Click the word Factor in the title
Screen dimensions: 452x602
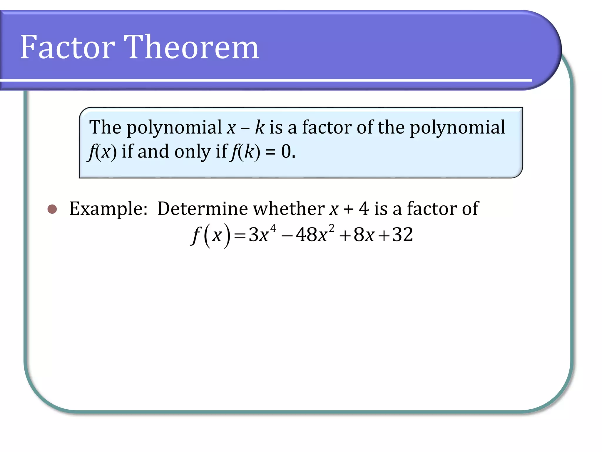pos(67,47)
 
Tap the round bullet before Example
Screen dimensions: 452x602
pos(52,209)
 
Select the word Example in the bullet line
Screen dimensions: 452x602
pos(108,209)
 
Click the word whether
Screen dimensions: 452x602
pos(289,209)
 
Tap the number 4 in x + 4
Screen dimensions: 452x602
pos(364,209)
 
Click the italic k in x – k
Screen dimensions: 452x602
pos(260,127)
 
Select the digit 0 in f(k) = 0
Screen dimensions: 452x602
pos(286,152)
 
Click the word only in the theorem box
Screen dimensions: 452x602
pos(193,152)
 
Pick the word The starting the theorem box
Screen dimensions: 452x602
pos(105,127)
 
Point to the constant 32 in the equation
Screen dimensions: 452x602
pos(403,235)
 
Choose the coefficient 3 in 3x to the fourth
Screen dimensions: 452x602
pos(253,235)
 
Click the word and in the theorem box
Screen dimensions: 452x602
pos(153,152)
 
